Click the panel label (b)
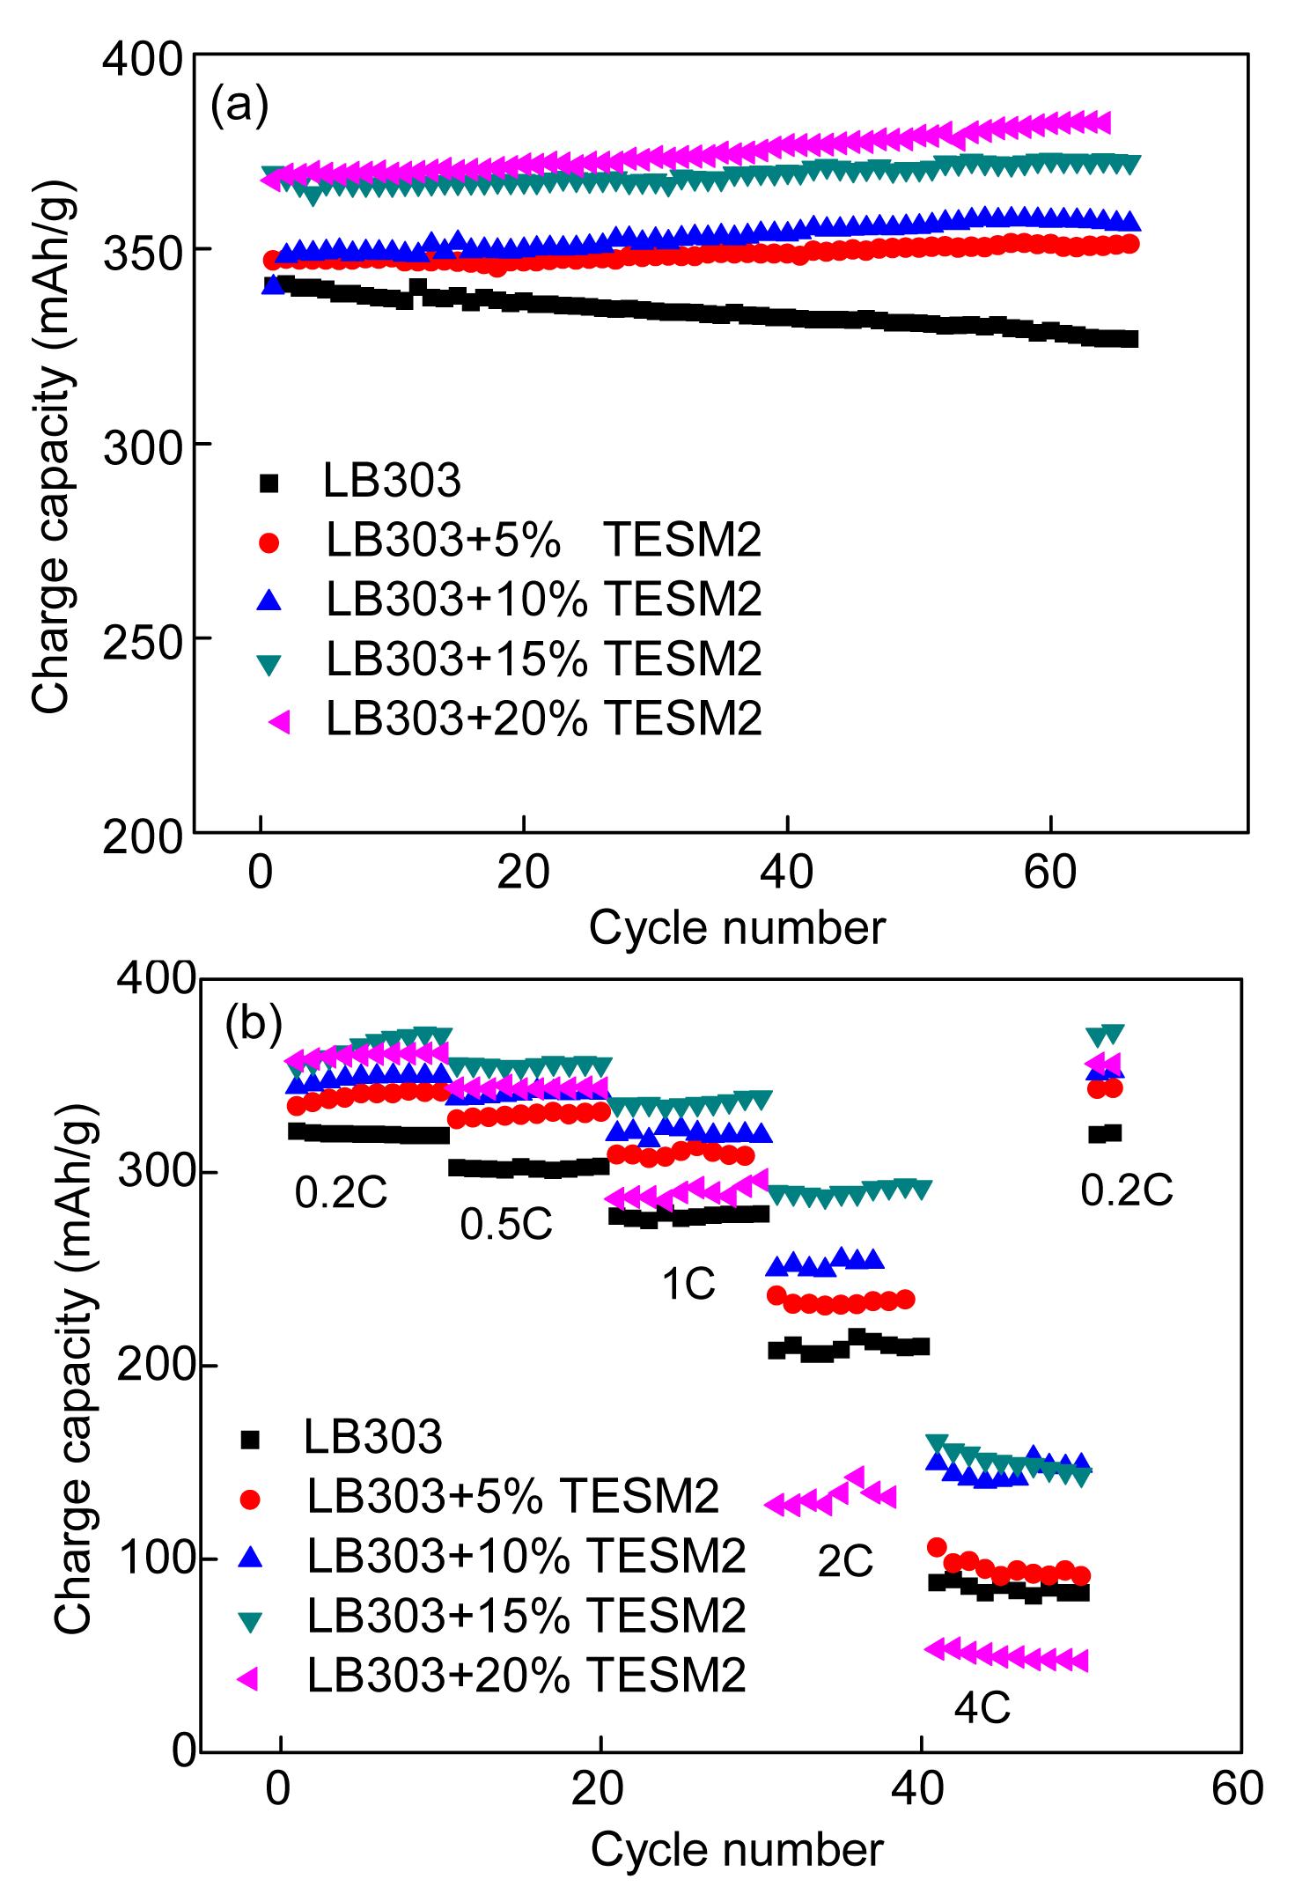click(x=254, y=1024)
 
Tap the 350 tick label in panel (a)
click(x=143, y=250)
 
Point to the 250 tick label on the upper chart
click(x=143, y=638)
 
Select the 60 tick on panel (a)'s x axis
click(x=1051, y=873)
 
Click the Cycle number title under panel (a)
click(x=737, y=927)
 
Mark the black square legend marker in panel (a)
click(x=269, y=482)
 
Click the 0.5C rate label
click(x=506, y=1225)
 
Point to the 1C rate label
click(x=688, y=1286)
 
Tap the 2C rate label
click(x=845, y=1561)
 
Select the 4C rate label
click(x=982, y=1708)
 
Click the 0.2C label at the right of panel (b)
click(x=1127, y=1191)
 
